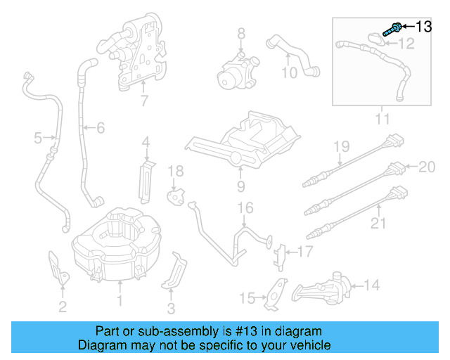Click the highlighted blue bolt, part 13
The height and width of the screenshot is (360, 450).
(392, 30)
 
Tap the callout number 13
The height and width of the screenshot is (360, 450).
(424, 27)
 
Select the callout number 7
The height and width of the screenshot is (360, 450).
(144, 101)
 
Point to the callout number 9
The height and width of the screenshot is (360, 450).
(241, 186)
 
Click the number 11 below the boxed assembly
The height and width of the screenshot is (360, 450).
(382, 119)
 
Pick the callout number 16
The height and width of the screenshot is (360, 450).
(245, 208)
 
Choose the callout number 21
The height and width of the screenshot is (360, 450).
(378, 223)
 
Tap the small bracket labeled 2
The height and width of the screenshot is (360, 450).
(59, 269)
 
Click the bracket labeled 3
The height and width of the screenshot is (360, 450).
(174, 271)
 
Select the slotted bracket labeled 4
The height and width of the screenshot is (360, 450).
(147, 182)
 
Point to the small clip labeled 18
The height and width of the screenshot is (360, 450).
(175, 196)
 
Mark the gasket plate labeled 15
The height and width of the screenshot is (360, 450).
(276, 294)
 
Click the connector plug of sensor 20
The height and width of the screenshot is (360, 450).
(397, 168)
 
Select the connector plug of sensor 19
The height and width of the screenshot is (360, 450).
(395, 141)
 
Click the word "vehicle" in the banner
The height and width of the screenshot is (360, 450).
(311, 345)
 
